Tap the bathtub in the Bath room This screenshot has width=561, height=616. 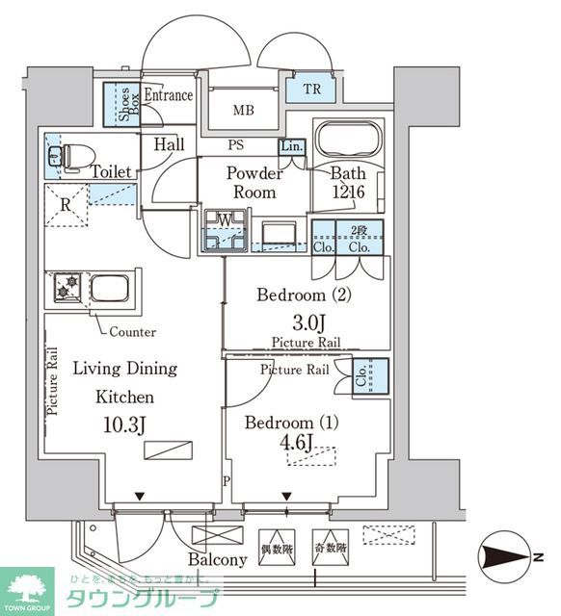click(350, 141)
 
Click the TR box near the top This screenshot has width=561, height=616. click(309, 90)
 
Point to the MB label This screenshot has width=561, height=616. click(244, 110)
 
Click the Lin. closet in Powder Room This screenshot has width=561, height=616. click(292, 147)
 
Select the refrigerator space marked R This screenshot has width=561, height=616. click(65, 205)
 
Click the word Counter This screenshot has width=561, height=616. click(132, 331)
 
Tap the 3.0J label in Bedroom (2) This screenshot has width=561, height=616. click(306, 321)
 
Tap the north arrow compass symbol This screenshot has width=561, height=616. click(504, 553)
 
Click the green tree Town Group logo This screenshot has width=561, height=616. click(30, 587)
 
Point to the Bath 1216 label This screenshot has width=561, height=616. click(348, 183)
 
